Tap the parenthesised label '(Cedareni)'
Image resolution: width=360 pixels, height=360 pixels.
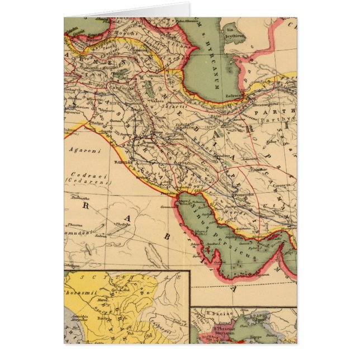pos(81,181)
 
